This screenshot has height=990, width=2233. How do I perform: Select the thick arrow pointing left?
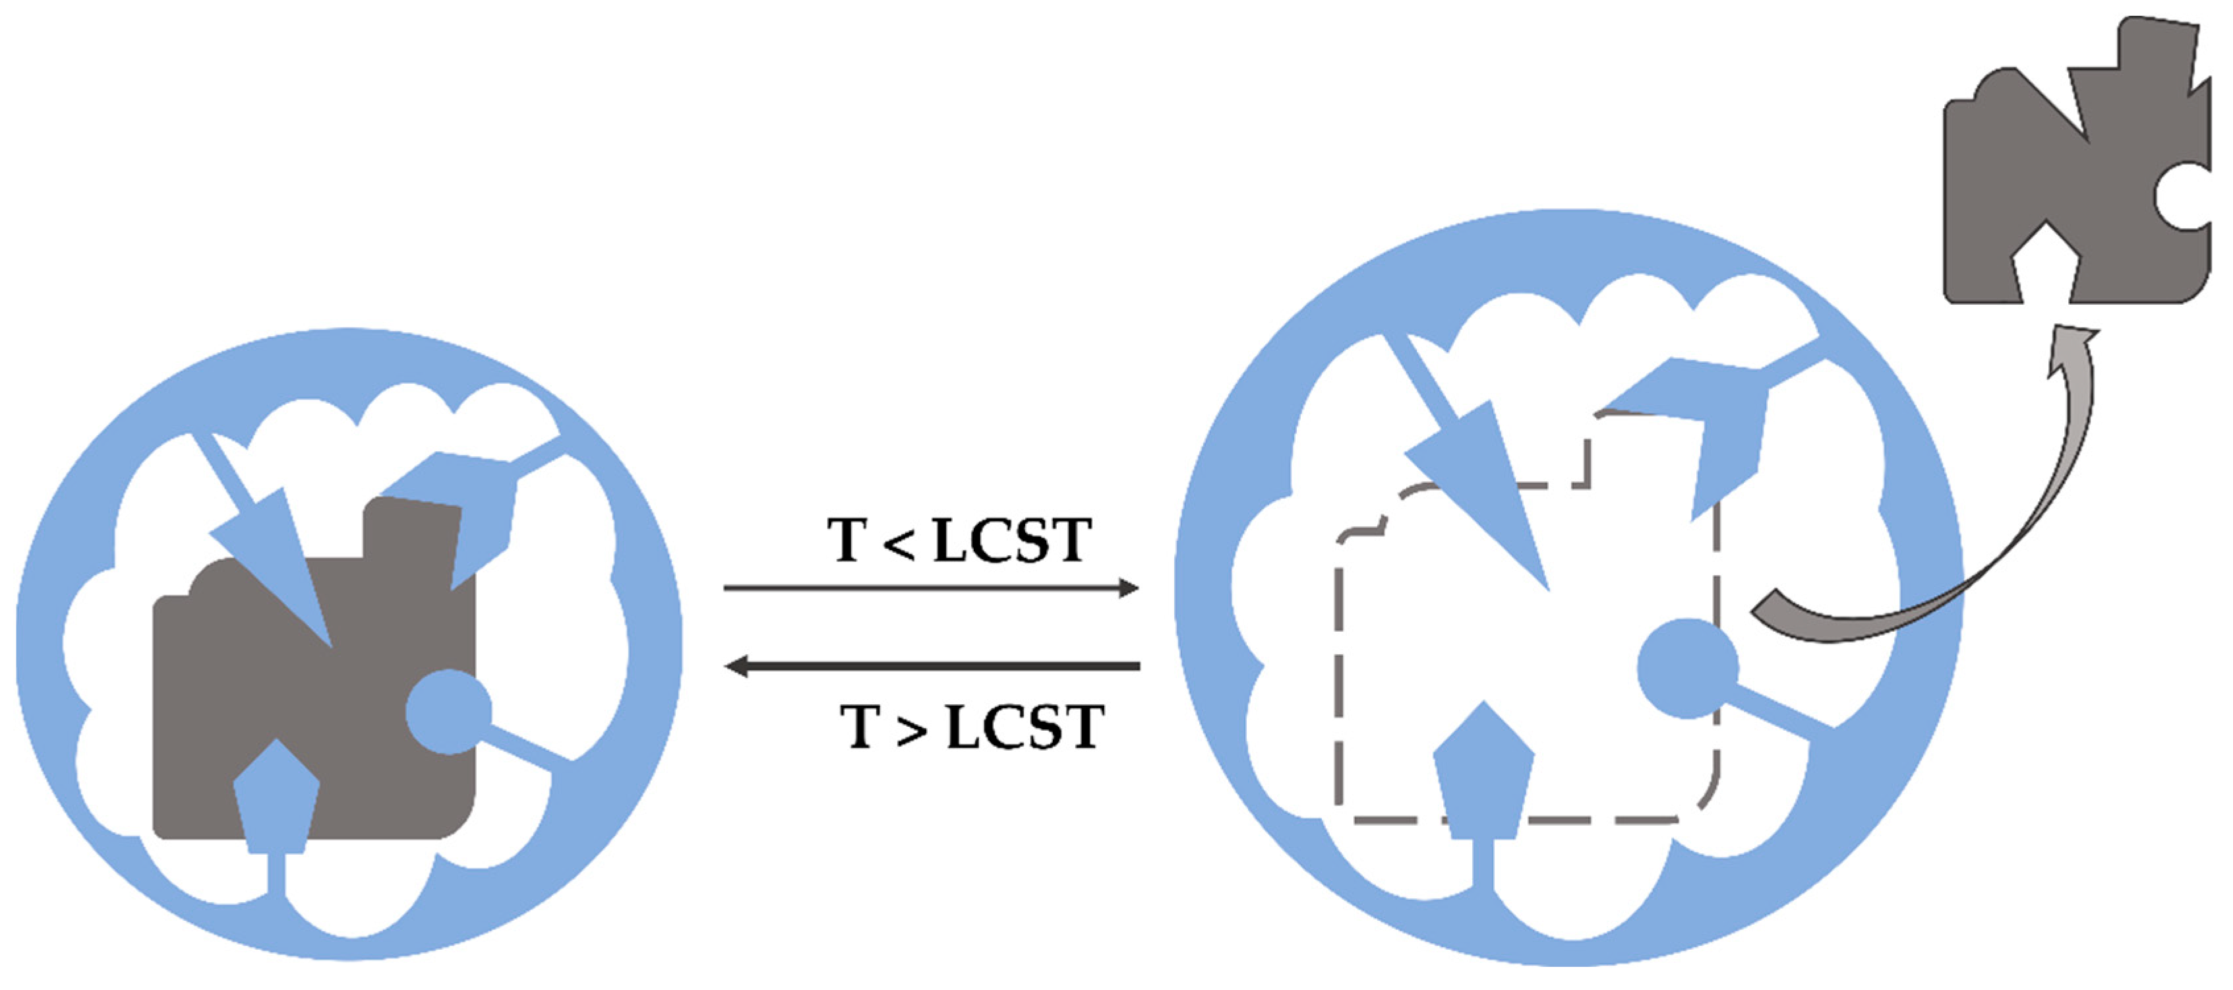click(932, 665)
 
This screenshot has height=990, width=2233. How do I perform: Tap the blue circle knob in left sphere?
click(448, 712)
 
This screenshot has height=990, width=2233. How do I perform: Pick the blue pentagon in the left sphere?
click(276, 802)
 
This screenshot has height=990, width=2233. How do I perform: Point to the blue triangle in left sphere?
click(278, 563)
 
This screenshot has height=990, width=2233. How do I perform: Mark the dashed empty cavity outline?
click(1339, 676)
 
